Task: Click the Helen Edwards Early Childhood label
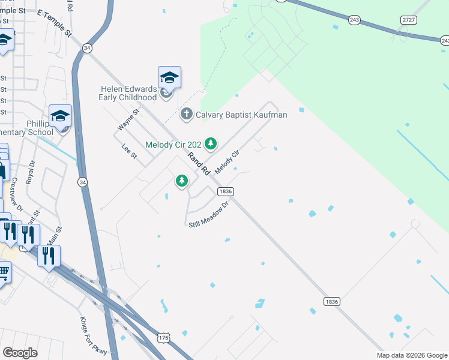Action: (x=128, y=93)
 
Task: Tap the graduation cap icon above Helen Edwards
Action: (x=169, y=77)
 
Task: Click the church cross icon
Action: (x=187, y=114)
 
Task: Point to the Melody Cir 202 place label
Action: (x=173, y=144)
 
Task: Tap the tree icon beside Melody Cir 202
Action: (x=210, y=143)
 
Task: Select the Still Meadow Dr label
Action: (x=209, y=215)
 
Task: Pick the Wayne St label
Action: (x=128, y=119)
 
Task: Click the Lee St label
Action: (x=129, y=151)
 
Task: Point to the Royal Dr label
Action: (x=31, y=172)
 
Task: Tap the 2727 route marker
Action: (x=409, y=20)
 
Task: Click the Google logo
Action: (x=20, y=353)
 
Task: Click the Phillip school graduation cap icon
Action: (x=60, y=116)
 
